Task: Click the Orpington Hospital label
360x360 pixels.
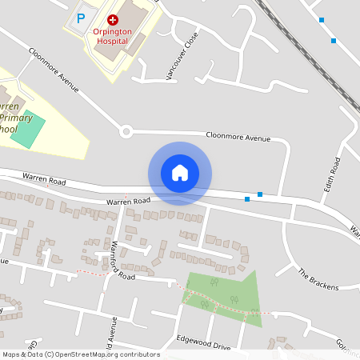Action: click(111, 34)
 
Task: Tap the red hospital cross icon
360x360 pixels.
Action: click(112, 18)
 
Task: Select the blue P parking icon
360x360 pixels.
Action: click(81, 18)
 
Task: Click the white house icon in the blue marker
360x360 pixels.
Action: click(180, 173)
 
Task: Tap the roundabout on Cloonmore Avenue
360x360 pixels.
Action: click(126, 131)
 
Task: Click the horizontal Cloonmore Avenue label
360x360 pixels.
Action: click(238, 138)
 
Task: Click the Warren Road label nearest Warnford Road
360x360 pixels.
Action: click(128, 202)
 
